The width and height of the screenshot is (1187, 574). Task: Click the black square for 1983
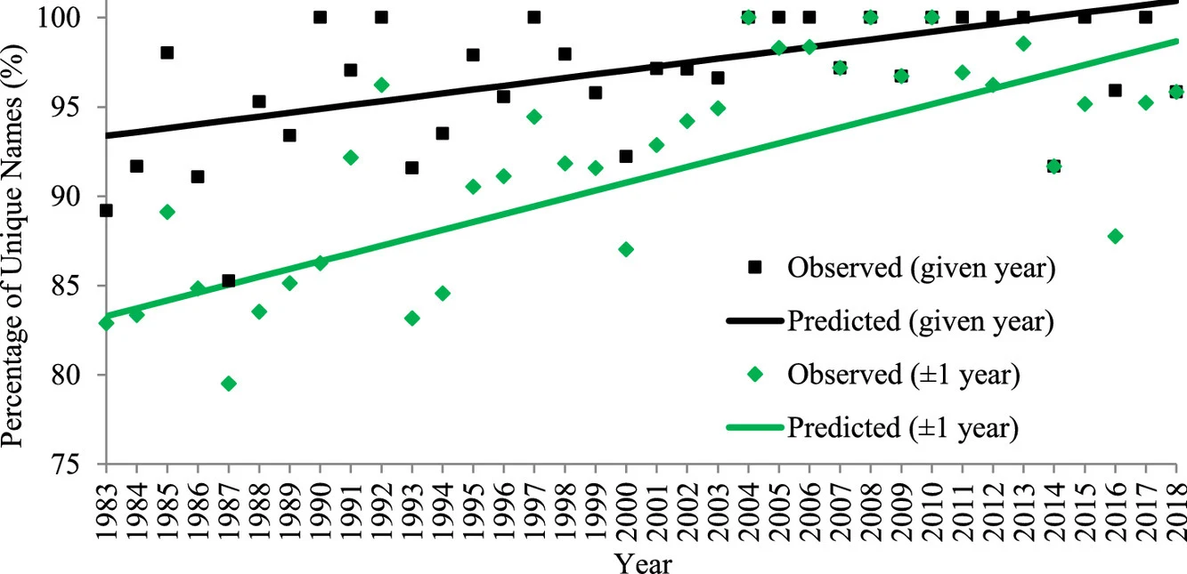pyautogui.click(x=106, y=210)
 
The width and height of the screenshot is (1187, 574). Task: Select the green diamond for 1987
pyautogui.click(x=229, y=384)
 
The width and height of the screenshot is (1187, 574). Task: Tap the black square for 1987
pyautogui.click(x=229, y=281)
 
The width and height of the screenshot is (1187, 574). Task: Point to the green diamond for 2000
pyautogui.click(x=626, y=249)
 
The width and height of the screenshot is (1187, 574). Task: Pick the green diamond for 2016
pyautogui.click(x=1115, y=236)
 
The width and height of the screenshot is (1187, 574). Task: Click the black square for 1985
pyautogui.click(x=167, y=53)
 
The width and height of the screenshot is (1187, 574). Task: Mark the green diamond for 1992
pyautogui.click(x=381, y=85)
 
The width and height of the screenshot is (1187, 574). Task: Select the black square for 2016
pyautogui.click(x=1115, y=90)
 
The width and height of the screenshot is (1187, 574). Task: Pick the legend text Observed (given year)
pyautogui.click(x=921, y=268)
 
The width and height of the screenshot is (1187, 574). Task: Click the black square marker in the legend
pyautogui.click(x=756, y=268)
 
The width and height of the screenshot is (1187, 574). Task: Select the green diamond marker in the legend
pyautogui.click(x=756, y=375)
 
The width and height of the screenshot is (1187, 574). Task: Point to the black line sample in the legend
pyautogui.click(x=756, y=321)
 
